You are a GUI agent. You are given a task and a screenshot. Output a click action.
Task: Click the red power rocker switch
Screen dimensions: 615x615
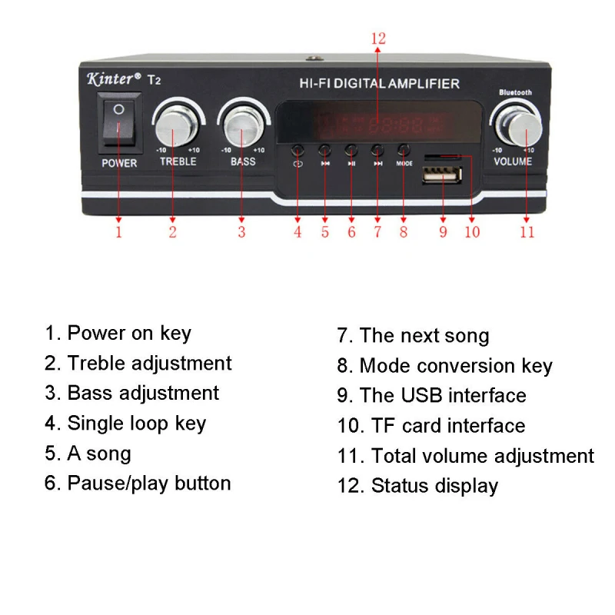tap(119, 123)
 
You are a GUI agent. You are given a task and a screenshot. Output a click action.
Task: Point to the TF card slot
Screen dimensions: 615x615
tap(443, 158)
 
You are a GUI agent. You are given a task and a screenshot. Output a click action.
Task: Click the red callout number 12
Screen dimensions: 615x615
tap(377, 38)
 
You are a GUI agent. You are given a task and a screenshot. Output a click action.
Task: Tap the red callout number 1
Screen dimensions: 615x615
tap(119, 231)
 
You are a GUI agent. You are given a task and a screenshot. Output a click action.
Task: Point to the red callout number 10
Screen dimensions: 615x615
tap(471, 231)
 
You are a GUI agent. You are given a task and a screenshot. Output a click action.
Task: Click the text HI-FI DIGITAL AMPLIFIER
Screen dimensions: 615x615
tap(378, 83)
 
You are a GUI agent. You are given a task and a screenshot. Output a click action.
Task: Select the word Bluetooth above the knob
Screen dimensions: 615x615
tap(515, 93)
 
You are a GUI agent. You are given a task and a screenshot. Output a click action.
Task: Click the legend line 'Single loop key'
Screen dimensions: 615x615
tap(125, 423)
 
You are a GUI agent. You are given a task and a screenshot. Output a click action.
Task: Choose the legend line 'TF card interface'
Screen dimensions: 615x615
tap(431, 425)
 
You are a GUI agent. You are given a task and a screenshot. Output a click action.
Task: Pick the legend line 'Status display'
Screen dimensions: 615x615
tap(417, 486)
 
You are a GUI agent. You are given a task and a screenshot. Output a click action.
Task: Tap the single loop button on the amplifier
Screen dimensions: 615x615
tap(298, 151)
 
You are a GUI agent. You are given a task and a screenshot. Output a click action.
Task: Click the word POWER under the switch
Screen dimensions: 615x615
tap(119, 163)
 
